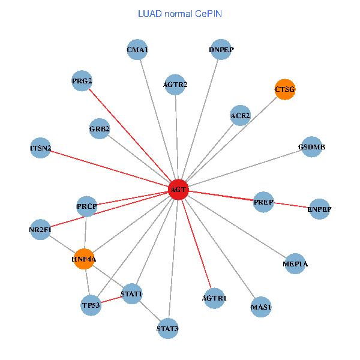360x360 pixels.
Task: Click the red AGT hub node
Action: (179, 190)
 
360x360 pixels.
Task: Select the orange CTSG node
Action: (285, 89)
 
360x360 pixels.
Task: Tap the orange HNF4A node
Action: (84, 259)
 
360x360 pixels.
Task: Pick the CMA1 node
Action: (137, 50)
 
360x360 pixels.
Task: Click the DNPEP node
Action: (221, 50)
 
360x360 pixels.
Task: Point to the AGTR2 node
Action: (175, 85)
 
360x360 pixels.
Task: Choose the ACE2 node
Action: (240, 115)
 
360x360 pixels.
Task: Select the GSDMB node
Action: (311, 147)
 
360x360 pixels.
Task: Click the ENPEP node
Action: (319, 209)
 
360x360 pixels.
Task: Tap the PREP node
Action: (263, 202)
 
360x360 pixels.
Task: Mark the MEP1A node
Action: (295, 263)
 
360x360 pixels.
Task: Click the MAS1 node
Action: (261, 307)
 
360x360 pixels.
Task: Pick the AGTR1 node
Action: (214, 298)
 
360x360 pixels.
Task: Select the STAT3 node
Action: (167, 328)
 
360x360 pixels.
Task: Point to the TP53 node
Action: (91, 305)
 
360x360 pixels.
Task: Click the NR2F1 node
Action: (40, 229)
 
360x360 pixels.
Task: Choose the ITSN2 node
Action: (40, 148)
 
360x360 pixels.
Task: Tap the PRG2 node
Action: (82, 81)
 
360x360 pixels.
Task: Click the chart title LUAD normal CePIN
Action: (180, 13)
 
